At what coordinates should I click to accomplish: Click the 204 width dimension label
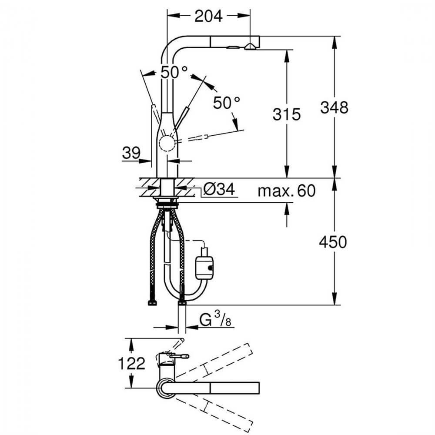[208, 16]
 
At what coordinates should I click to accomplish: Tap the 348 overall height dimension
[334, 107]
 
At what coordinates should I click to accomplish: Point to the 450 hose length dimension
[333, 242]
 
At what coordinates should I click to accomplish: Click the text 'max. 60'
[286, 191]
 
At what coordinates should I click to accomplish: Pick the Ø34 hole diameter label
[219, 189]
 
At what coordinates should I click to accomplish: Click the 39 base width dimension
[131, 153]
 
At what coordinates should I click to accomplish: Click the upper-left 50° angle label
[174, 72]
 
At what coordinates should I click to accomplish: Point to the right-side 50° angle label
[227, 103]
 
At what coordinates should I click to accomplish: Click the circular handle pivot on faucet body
[167, 143]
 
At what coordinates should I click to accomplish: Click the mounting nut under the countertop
[167, 201]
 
